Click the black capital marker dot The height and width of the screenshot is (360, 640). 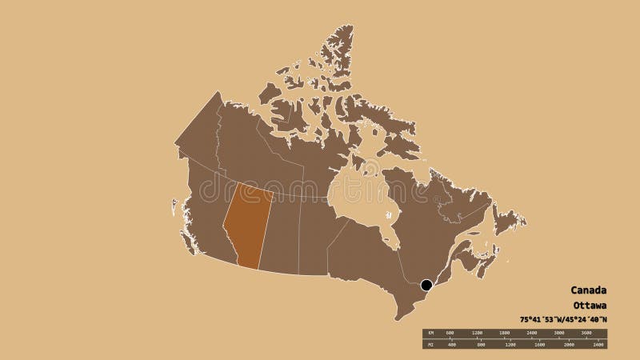pyautogui.click(x=426, y=284)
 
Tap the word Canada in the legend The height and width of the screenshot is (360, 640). pyautogui.click(x=588, y=290)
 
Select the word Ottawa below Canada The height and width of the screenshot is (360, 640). pyautogui.click(x=589, y=306)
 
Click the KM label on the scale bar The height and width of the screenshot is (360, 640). pyautogui.click(x=430, y=332)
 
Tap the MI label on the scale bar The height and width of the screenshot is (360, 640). pyautogui.click(x=430, y=346)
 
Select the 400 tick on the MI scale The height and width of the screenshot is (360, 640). pyautogui.click(x=452, y=346)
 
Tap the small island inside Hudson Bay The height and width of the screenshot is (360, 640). pyautogui.click(x=388, y=215)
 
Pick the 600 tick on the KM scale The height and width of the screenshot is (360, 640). pyautogui.click(x=450, y=332)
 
